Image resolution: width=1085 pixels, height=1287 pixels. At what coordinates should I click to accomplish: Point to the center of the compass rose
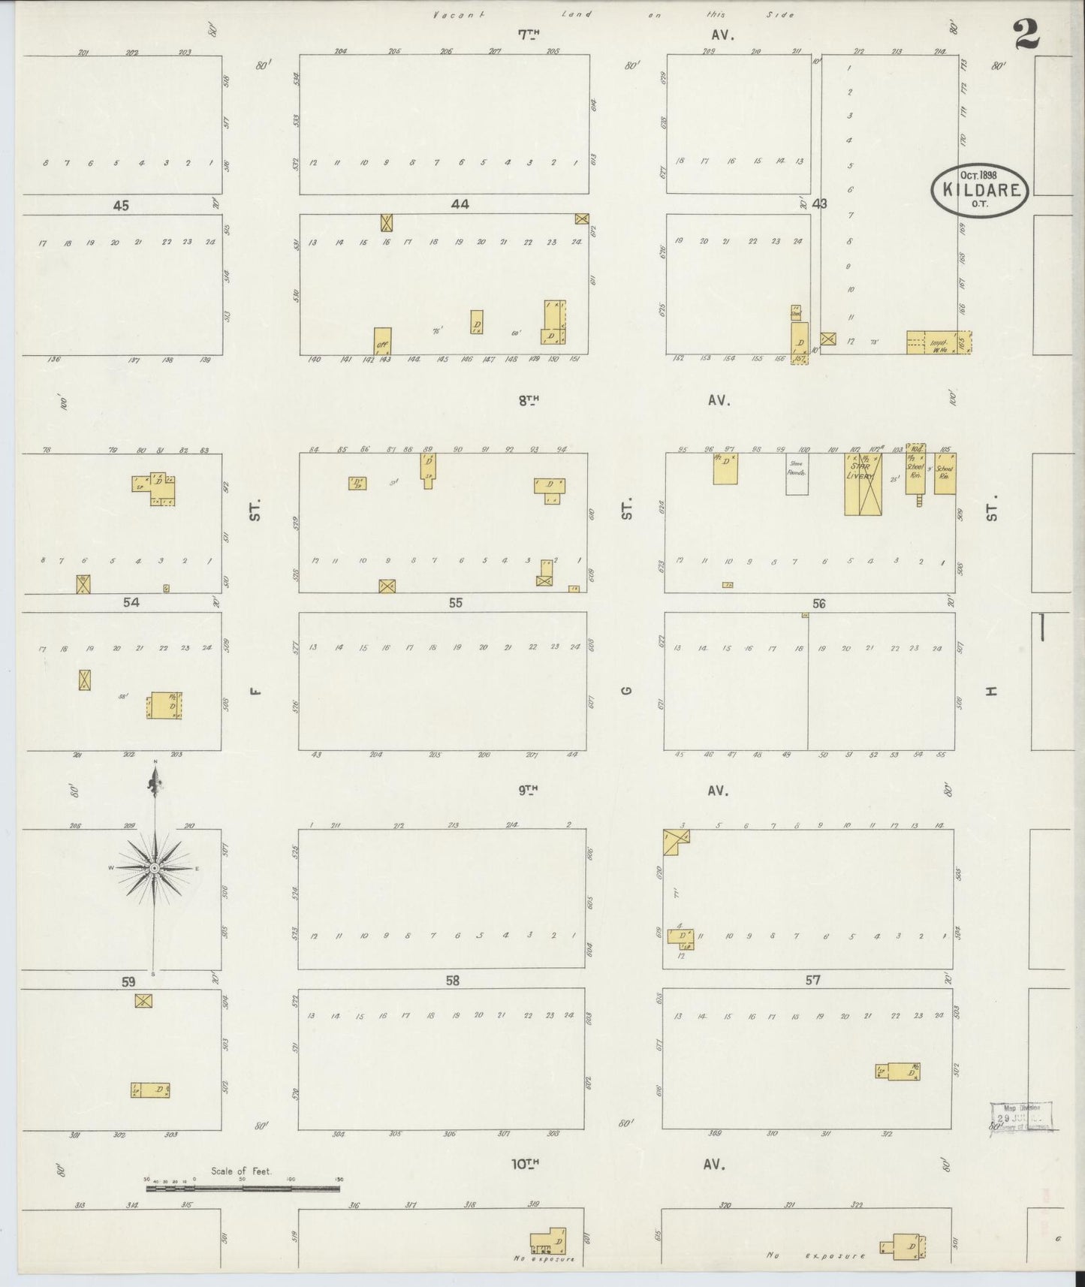(x=154, y=868)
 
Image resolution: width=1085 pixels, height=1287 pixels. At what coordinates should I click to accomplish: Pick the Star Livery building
(x=862, y=484)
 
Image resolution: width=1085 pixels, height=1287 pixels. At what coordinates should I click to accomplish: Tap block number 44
(x=460, y=203)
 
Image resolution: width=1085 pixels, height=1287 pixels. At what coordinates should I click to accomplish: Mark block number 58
(x=451, y=980)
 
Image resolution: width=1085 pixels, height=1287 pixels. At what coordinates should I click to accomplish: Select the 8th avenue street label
(x=529, y=401)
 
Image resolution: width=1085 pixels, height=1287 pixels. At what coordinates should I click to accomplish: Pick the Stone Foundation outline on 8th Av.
(x=797, y=474)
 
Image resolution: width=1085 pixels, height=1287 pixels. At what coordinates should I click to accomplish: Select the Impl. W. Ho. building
(x=938, y=342)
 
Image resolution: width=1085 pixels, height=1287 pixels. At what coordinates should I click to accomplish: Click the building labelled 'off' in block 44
(x=382, y=340)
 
